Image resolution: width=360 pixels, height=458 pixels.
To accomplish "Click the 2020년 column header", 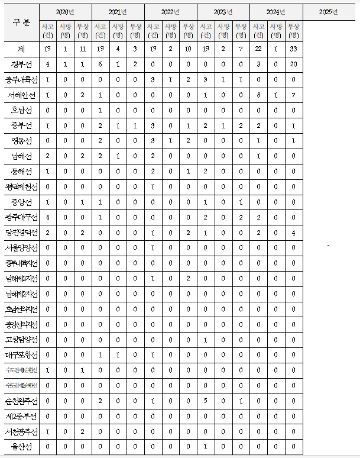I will pos(66,12).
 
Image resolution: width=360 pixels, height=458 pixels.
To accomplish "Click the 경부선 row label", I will pos(20,64).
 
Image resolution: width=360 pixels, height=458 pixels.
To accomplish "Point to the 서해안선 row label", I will pos(20,95).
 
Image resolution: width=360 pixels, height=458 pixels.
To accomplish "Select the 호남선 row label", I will pos(20,110).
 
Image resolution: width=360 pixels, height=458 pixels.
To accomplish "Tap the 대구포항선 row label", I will pos(20,355).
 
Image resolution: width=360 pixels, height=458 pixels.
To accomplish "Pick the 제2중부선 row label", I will pos(20,417).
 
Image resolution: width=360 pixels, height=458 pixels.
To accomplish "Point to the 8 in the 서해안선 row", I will pos(258,95).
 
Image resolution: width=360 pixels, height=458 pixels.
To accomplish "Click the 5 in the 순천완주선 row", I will pos(206,401).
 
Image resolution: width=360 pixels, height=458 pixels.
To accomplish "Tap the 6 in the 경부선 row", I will pos(100,64).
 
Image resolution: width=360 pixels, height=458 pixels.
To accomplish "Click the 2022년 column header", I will pos(171,12).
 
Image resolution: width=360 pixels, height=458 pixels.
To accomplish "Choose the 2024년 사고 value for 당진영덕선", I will pos(258,233).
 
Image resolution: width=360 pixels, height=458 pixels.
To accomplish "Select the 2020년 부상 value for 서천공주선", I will pos(83,432).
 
